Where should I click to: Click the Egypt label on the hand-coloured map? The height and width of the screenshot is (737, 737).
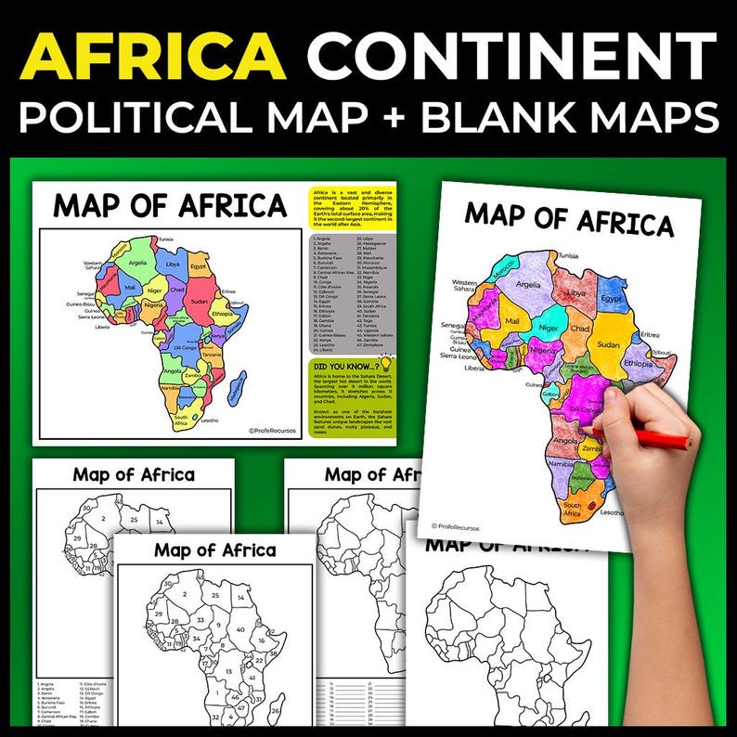pyautogui.click(x=613, y=301)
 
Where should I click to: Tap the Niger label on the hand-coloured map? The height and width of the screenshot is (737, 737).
pyautogui.click(x=550, y=328)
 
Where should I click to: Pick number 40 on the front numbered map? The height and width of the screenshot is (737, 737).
pyautogui.click(x=241, y=630)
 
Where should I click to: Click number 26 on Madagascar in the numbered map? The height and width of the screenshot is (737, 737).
pyautogui.click(x=276, y=710)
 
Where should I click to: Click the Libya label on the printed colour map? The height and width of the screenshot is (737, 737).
pyautogui.click(x=173, y=264)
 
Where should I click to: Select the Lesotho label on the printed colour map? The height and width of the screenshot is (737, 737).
pyautogui.click(x=209, y=420)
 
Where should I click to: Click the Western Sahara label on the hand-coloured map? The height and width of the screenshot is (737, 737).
pyautogui.click(x=464, y=287)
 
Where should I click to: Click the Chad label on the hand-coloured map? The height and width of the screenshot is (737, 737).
pyautogui.click(x=579, y=330)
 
